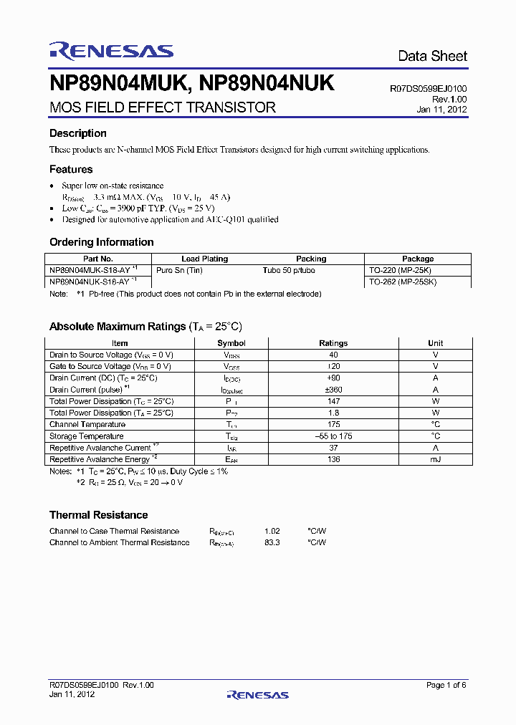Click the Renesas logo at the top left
[111, 50]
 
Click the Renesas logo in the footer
[257, 694]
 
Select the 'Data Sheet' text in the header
[432, 56]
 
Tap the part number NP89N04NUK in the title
[267, 84]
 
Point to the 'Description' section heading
[77, 133]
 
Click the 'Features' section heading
[71, 169]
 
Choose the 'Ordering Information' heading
[101, 242]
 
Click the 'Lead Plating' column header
[204, 259]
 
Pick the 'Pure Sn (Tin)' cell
[179, 270]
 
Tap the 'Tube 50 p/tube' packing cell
[289, 270]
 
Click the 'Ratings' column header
[333, 343]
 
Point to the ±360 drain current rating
[333, 390]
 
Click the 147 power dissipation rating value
[333, 401]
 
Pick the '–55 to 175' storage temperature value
[333, 436]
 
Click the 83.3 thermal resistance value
[272, 542]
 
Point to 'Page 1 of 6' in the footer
[446, 685]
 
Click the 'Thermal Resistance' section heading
[98, 515]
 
